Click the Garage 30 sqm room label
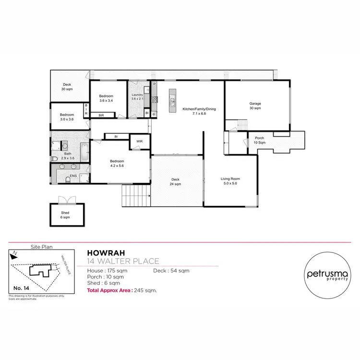pyautogui.click(x=254, y=106)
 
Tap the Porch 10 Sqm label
pyautogui.click(x=259, y=141)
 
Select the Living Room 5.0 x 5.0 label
pyautogui.click(x=230, y=181)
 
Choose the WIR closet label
pyautogui.click(x=139, y=142)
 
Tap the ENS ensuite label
pyautogui.click(x=73, y=176)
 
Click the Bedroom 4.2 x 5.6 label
pyautogui.click(x=117, y=164)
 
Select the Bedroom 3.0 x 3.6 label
pyautogui.click(x=67, y=117)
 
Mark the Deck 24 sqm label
pyautogui.click(x=176, y=181)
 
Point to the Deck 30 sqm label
pyautogui.click(x=67, y=87)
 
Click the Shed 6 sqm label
pyautogui.click(x=65, y=215)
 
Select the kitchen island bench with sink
pyautogui.click(x=172, y=102)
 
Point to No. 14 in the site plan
pyautogui.click(x=18, y=288)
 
